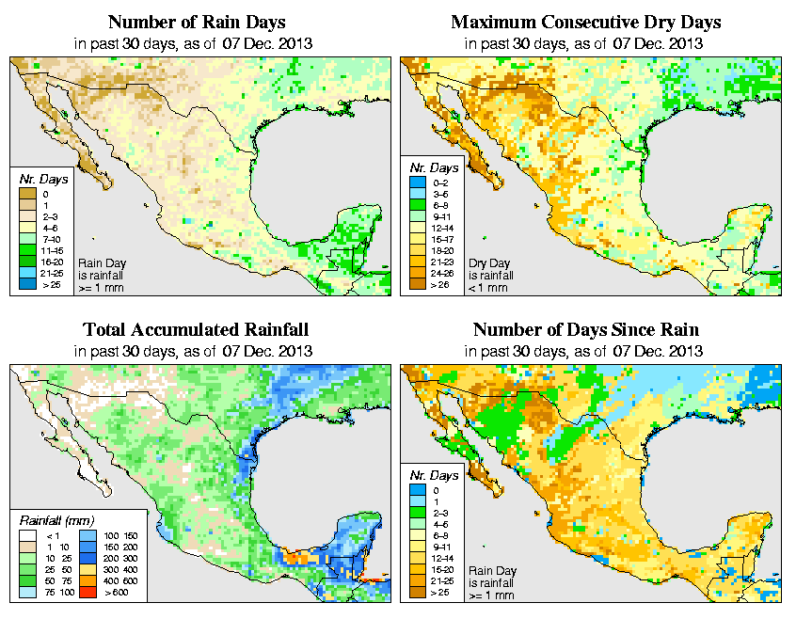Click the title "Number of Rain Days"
point(196,22)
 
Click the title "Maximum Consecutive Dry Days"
point(585,22)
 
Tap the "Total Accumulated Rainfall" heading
point(196,330)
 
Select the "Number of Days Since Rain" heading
point(585,330)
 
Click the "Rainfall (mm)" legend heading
point(58,520)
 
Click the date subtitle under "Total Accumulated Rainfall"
point(196,352)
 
